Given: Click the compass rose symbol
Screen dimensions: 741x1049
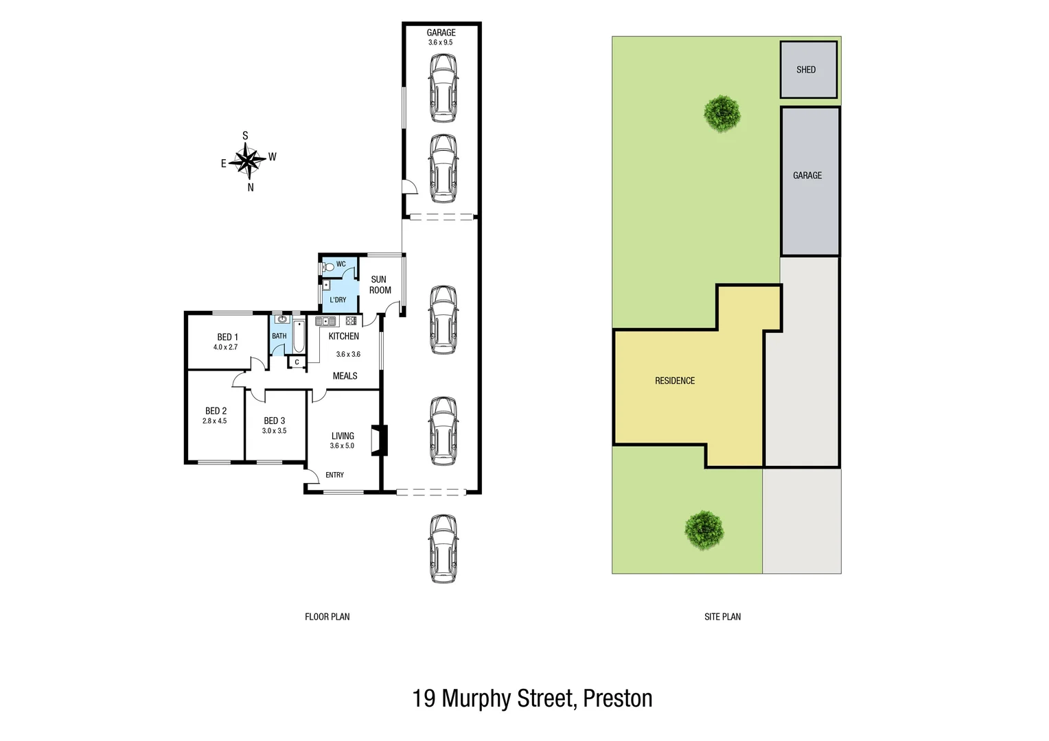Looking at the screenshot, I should coord(247,161).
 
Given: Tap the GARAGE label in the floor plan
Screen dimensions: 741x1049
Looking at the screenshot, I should coord(441,32).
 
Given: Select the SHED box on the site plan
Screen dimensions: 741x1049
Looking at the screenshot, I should coord(808,69).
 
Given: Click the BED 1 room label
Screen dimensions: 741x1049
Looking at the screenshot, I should coord(227,337).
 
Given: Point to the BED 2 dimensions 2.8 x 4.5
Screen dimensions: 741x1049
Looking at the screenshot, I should coord(214,421).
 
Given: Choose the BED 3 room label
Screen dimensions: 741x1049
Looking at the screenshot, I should coord(274,421).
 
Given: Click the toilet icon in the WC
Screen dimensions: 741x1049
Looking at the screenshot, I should coord(328,266).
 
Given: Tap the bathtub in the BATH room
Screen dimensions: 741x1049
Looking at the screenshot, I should coord(299,336).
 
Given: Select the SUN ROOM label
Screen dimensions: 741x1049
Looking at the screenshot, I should coord(380,285).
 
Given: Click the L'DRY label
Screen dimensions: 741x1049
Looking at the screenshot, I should coord(338,300).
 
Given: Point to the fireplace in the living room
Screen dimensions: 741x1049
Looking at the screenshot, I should coord(378,440).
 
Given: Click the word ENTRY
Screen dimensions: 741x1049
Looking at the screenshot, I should coord(334,475).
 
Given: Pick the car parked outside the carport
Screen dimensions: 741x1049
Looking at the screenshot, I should coord(443,549).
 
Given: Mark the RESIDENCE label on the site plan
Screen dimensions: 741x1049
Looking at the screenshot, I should coord(674,381).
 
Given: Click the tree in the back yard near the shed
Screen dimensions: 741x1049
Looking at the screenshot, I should coord(722,113).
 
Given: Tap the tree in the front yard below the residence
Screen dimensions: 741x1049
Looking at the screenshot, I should coord(704,530).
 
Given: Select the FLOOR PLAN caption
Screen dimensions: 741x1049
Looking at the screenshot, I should coord(327,617).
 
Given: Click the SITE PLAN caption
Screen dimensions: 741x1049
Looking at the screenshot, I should coord(722,617).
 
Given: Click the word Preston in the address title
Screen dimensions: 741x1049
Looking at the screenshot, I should coord(617,698).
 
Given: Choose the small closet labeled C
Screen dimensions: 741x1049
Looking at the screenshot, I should coord(297,362).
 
